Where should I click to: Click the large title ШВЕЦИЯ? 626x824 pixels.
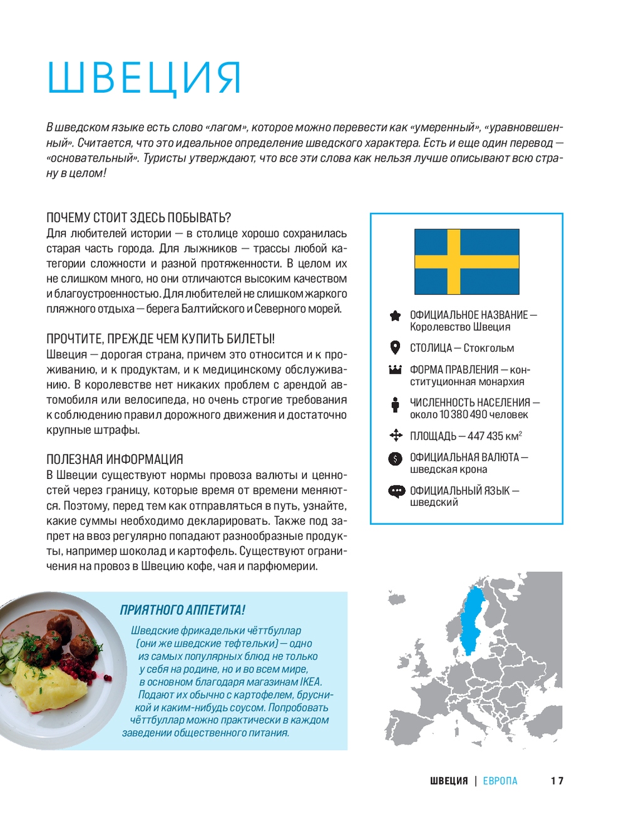[x=144, y=78]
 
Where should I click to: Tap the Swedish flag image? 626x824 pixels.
[x=467, y=262]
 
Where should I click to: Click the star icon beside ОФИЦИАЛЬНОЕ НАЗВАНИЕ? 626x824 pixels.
[x=395, y=316]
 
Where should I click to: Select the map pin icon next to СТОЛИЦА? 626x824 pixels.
[x=395, y=348]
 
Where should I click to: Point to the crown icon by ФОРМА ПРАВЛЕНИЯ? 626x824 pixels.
[x=395, y=369]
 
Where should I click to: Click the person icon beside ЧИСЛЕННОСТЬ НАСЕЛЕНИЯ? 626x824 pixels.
[x=395, y=404]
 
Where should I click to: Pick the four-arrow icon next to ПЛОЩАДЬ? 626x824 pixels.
[x=396, y=435]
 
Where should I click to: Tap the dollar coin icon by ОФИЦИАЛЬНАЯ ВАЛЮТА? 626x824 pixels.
[x=395, y=458]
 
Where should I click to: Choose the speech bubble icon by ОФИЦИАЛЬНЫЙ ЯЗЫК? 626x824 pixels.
[x=396, y=491]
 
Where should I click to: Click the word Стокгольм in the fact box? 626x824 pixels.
[x=489, y=348]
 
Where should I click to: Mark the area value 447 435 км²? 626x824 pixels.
[x=495, y=436]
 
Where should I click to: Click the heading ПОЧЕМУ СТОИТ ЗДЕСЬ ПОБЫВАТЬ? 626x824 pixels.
[x=138, y=218]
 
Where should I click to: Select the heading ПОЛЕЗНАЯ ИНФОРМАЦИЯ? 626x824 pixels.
[x=115, y=459]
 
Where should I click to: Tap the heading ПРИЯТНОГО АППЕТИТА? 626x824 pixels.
[x=182, y=610]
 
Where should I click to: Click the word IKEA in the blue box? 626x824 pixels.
[x=310, y=682]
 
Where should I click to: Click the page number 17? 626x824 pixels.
[x=557, y=781]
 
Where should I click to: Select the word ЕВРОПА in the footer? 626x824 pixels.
[x=500, y=781]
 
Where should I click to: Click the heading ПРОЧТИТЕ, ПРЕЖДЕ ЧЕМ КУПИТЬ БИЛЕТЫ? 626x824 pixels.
[x=160, y=339]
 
